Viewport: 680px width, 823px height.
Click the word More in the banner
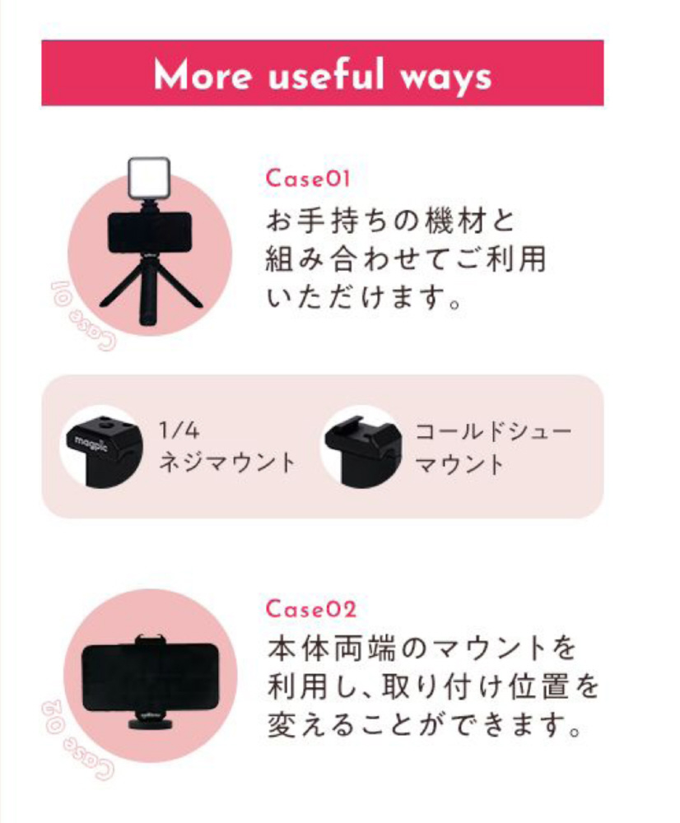tap(203, 75)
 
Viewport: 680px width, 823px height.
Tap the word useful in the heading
tap(326, 74)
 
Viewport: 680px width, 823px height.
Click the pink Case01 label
tap(308, 179)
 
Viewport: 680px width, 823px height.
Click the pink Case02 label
tap(311, 609)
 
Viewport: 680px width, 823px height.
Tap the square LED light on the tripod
tap(149, 179)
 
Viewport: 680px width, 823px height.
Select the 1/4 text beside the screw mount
tap(179, 430)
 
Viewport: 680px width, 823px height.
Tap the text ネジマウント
tap(227, 463)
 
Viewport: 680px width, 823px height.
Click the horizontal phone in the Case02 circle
tap(150, 677)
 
